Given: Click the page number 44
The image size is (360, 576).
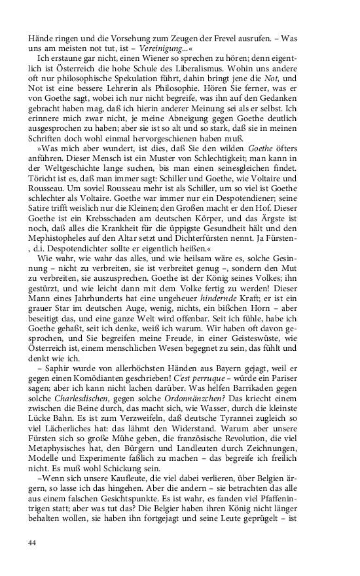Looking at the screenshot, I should (x=33, y=543).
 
